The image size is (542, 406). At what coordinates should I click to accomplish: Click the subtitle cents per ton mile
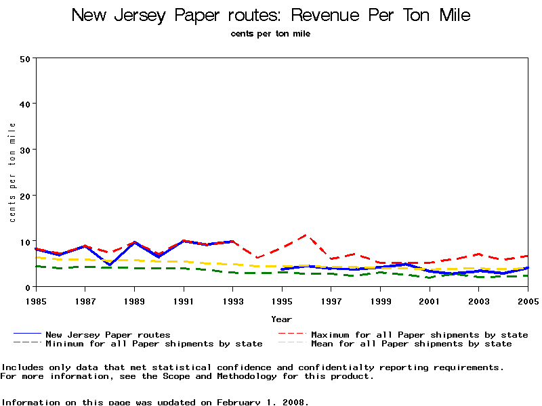[270, 34]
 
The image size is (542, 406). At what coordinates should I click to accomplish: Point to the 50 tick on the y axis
[25, 58]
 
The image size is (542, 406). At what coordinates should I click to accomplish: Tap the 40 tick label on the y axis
[25, 104]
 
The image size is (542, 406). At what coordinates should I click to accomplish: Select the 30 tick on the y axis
[25, 150]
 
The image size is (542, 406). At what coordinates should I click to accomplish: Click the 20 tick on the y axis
[25, 196]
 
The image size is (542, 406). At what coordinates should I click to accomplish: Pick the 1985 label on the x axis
[35, 300]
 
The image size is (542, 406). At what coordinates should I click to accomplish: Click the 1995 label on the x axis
[282, 300]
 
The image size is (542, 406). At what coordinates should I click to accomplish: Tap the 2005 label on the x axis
[528, 300]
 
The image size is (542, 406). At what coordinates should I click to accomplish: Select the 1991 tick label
[183, 300]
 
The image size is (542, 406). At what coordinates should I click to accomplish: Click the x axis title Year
[282, 319]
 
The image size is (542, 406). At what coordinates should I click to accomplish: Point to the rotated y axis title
[12, 173]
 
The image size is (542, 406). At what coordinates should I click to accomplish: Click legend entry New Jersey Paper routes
[108, 334]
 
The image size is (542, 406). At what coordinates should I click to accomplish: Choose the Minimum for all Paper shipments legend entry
[154, 344]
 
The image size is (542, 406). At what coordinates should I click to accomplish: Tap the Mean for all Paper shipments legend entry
[411, 344]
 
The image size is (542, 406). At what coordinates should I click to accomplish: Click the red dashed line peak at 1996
[307, 235]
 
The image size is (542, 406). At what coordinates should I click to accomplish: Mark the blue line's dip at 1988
[109, 265]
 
